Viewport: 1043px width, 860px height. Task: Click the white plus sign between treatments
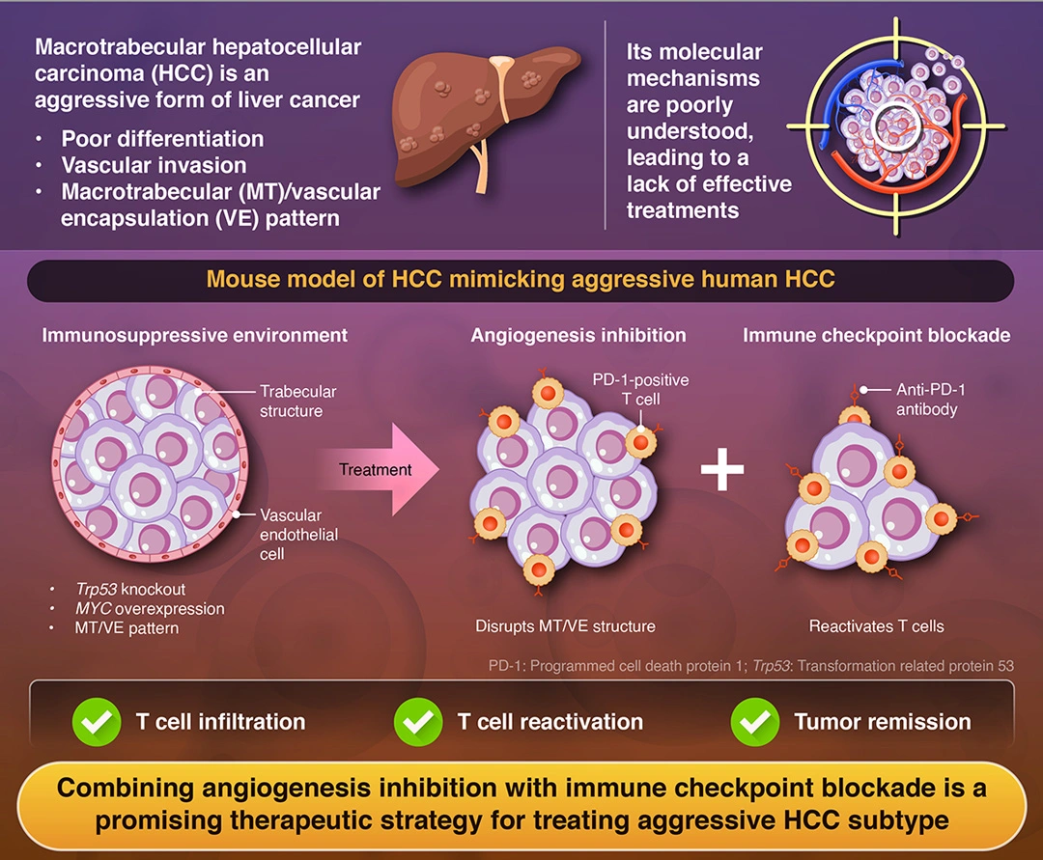[722, 470]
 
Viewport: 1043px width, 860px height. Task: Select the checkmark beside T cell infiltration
[98, 721]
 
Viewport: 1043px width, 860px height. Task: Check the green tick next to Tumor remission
[755, 721]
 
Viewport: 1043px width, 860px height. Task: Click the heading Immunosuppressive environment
[194, 336]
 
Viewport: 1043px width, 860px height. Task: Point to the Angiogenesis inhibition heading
[578, 336]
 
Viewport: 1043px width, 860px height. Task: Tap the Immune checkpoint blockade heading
[876, 336]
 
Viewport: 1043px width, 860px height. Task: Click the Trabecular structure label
[298, 402]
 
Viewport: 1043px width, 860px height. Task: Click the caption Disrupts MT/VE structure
[565, 626]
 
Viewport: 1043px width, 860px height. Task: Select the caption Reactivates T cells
[876, 626]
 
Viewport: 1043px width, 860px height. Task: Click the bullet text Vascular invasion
[154, 165]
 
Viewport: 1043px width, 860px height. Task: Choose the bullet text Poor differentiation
[162, 139]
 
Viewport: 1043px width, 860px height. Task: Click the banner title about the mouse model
[521, 281]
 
